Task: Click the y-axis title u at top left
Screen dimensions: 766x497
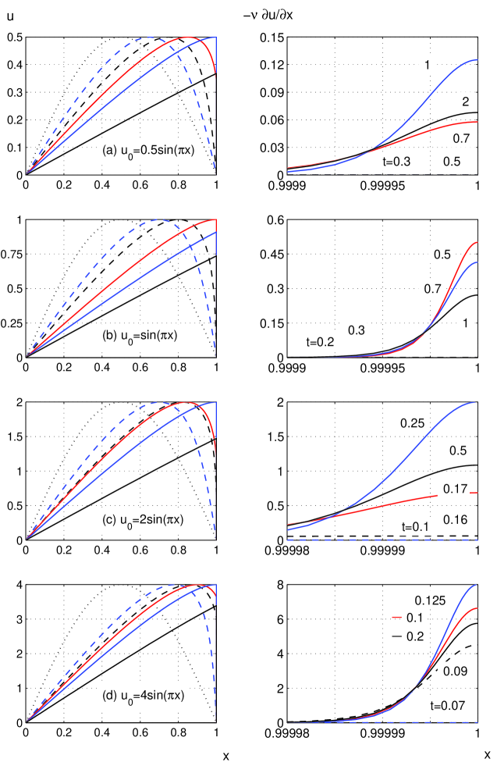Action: pyautogui.click(x=9, y=15)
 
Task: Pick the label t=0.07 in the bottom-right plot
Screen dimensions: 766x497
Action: pyautogui.click(x=448, y=705)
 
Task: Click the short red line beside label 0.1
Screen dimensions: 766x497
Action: pyautogui.click(x=397, y=618)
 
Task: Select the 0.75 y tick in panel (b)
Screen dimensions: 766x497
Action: pyautogui.click(x=12, y=265)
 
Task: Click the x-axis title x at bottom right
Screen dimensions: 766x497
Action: pyautogui.click(x=488, y=756)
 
